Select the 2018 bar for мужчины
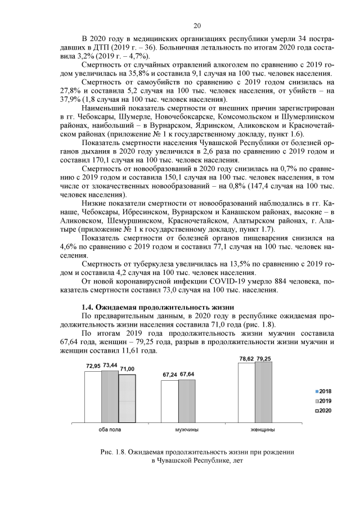(169, 400)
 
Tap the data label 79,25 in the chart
(264, 358)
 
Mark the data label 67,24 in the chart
(169, 375)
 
